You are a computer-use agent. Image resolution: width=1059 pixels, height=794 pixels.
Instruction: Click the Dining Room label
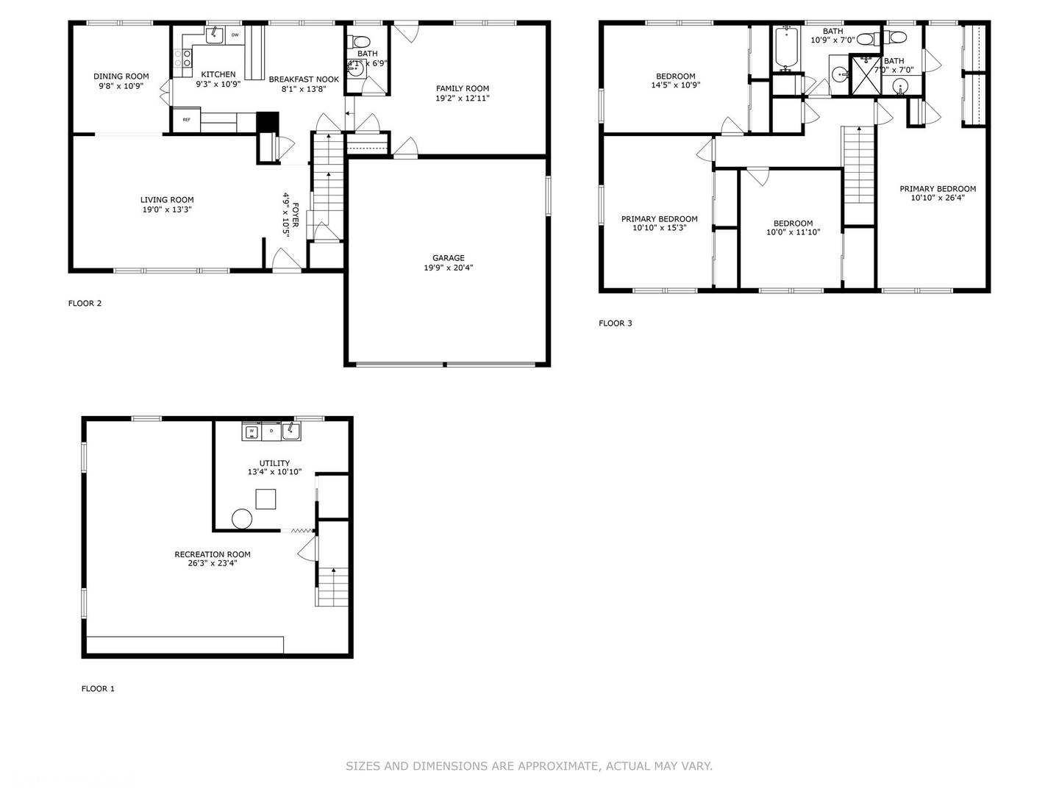click(x=121, y=76)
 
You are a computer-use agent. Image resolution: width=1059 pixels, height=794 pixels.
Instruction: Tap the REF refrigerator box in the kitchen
click(x=186, y=119)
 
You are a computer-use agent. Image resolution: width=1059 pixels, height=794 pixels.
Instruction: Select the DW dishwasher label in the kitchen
click(x=235, y=35)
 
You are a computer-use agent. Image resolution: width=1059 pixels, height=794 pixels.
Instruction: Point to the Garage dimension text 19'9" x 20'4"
click(x=448, y=268)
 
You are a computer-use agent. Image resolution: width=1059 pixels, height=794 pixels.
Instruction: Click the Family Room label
click(x=462, y=88)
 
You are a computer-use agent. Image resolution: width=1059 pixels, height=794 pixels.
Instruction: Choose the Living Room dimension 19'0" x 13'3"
click(x=167, y=210)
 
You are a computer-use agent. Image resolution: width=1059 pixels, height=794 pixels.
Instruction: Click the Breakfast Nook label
click(x=304, y=79)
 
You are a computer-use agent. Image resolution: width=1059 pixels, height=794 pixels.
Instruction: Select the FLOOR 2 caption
click(x=85, y=303)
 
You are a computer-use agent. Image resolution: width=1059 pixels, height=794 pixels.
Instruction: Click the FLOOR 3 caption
click(x=615, y=323)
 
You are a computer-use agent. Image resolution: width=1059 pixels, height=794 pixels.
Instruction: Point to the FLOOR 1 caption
click(x=98, y=689)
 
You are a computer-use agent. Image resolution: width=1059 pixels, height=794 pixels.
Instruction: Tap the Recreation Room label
click(x=212, y=554)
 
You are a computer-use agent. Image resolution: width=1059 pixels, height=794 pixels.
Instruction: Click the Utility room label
click(x=274, y=463)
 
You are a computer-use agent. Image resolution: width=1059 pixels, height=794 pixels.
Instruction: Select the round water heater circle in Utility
click(x=242, y=518)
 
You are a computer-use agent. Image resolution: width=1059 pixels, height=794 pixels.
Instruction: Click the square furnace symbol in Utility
click(x=265, y=499)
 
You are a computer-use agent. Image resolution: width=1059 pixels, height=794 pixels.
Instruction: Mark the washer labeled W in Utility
click(x=252, y=432)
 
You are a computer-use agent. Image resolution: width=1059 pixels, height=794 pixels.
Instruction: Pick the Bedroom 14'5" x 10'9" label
click(x=675, y=76)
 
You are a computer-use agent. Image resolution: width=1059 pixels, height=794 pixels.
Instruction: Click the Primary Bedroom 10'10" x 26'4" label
click(x=938, y=189)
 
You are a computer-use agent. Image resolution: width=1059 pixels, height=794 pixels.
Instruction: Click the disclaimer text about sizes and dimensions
click(x=529, y=766)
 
